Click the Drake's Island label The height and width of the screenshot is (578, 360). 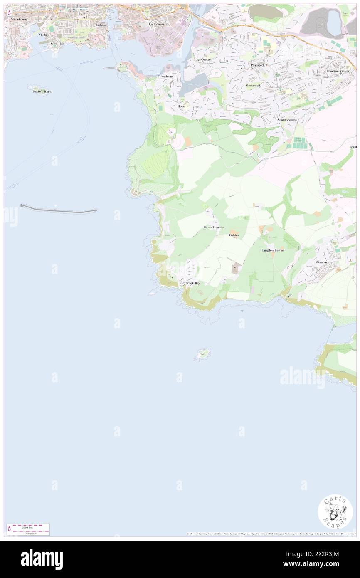(x=43, y=91)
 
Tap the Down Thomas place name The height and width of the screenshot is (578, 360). (x=214, y=227)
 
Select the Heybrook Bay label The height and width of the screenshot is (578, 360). (x=190, y=283)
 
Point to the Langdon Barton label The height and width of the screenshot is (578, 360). (x=273, y=250)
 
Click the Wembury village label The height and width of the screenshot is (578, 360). (x=322, y=262)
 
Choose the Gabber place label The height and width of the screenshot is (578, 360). (x=234, y=235)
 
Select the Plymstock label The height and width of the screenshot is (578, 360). (x=257, y=65)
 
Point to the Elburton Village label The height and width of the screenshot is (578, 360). (x=338, y=71)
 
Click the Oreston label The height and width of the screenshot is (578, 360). (x=207, y=60)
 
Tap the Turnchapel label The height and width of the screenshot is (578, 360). (x=168, y=77)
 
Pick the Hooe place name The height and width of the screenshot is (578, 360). (x=181, y=106)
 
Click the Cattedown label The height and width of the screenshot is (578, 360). (x=156, y=24)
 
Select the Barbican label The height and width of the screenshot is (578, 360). (x=101, y=25)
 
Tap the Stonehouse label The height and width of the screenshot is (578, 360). (x=19, y=20)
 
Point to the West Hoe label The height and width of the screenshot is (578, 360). (x=57, y=43)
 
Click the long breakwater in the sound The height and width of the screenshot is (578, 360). (x=58, y=209)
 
